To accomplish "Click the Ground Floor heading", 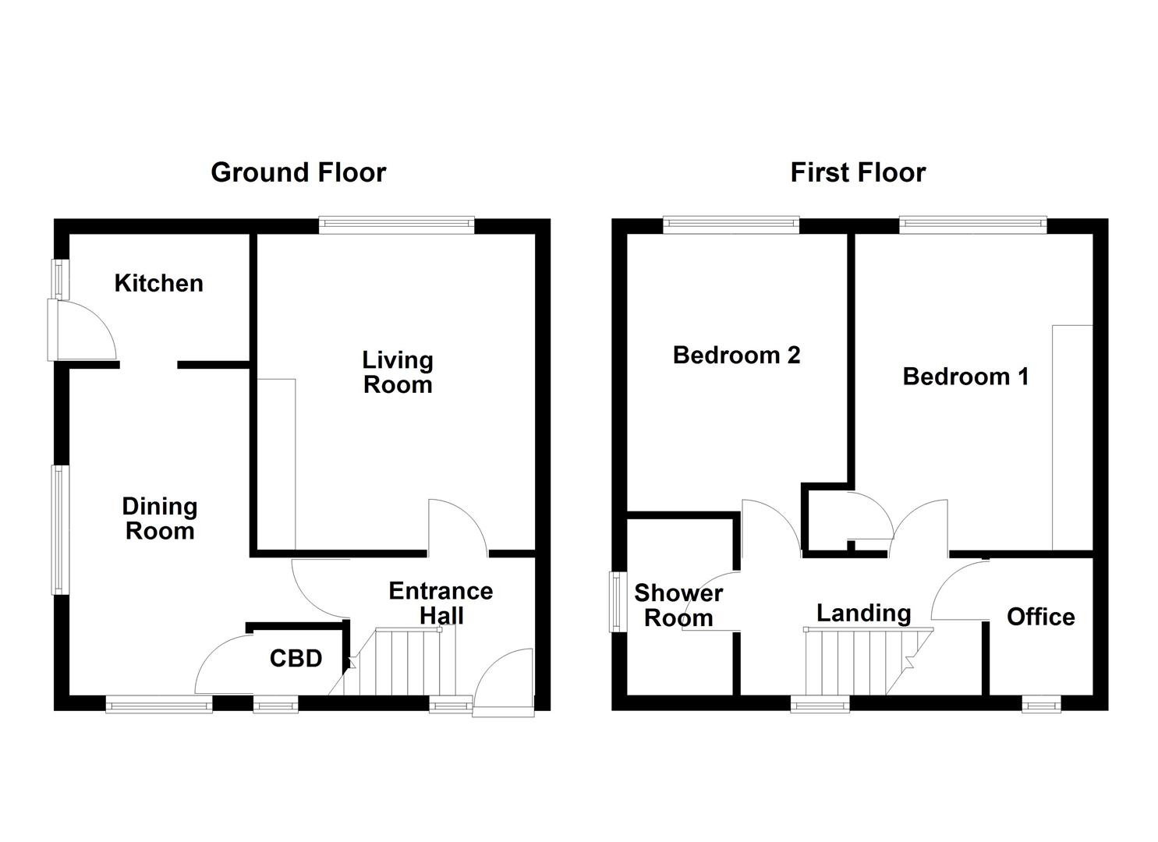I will click(298, 172).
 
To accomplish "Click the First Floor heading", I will click(858, 172).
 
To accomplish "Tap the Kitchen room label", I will click(158, 283).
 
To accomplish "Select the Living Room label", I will click(398, 373).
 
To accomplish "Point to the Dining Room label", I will click(159, 519).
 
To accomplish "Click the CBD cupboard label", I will click(296, 659).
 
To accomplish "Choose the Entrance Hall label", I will click(441, 603).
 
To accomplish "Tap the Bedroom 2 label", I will click(736, 356).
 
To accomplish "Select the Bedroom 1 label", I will click(965, 377).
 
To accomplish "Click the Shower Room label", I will click(678, 606).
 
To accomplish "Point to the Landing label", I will click(863, 613).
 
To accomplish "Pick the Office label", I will click(1040, 617).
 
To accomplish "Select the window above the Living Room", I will click(396, 225).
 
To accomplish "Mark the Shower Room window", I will click(617, 602).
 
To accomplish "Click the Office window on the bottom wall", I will click(1041, 705).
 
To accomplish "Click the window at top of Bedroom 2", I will click(731, 225).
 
